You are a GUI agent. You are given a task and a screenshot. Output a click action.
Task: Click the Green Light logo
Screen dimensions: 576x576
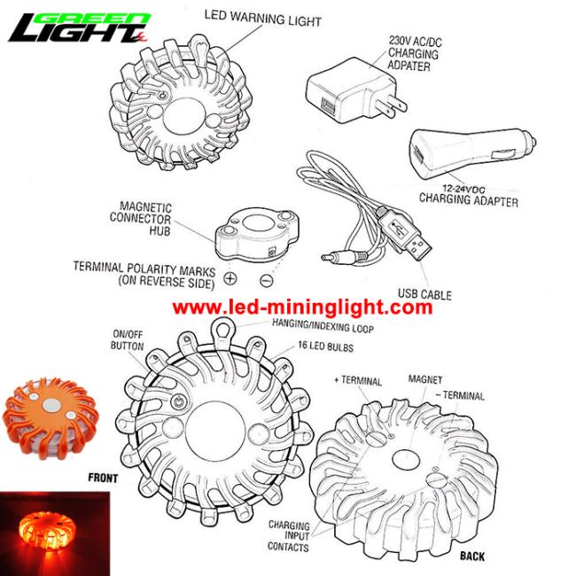pos(79,27)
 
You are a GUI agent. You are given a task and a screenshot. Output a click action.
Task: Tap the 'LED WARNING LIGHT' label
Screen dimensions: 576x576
pos(263,18)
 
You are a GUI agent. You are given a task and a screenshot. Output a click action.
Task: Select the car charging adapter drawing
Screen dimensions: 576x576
pos(471,153)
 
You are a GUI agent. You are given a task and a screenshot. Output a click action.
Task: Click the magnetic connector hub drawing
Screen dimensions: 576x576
pos(256,234)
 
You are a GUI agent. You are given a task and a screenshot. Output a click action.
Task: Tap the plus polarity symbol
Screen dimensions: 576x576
pos(230,278)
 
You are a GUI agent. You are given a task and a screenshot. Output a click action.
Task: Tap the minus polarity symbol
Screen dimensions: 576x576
pos(267,281)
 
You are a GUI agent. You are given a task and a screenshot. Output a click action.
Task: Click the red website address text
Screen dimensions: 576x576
pos(302,307)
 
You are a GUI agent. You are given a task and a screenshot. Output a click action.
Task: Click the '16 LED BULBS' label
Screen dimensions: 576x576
pos(325,346)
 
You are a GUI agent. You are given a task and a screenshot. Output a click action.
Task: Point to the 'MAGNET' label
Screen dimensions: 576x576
pos(425,379)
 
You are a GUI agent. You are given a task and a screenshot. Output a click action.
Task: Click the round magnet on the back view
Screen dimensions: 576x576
pos(406,459)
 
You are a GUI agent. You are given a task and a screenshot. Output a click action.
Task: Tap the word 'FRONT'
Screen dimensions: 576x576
pos(103,478)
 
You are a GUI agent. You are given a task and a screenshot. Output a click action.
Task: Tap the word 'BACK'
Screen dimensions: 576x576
pos(472,557)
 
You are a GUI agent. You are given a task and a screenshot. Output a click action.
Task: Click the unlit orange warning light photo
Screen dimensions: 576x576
pos(51,417)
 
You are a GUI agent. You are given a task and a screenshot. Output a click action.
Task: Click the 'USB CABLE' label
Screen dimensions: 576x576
pos(424,294)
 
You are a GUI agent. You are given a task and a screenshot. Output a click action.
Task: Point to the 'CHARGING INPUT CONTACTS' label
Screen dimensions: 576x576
pos(289,535)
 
